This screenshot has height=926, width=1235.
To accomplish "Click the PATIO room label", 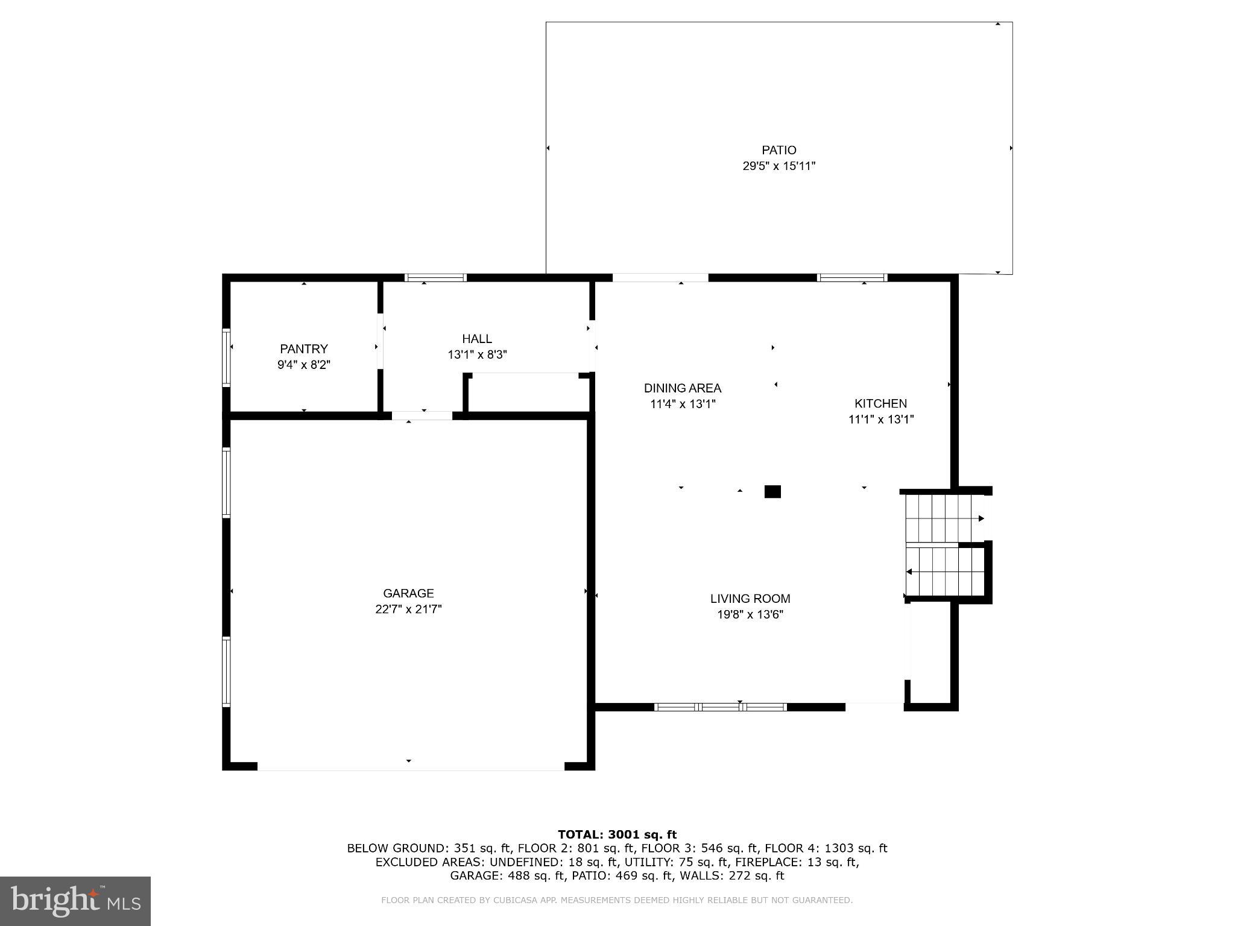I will pyautogui.click(x=779, y=150).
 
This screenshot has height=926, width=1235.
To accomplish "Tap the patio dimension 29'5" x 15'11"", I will pyautogui.click(x=779, y=166).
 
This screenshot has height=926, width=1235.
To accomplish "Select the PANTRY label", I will pyautogui.click(x=304, y=348).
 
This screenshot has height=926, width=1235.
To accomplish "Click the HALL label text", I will pyautogui.click(x=477, y=339).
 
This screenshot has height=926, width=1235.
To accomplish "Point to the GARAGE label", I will pyautogui.click(x=408, y=593).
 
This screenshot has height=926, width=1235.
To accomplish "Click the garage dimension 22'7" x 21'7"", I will pyautogui.click(x=408, y=609).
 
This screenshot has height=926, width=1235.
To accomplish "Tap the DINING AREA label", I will pyautogui.click(x=682, y=388).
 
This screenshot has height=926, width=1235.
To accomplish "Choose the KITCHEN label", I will pyautogui.click(x=880, y=403).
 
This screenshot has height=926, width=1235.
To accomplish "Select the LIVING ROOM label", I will pyautogui.click(x=750, y=599).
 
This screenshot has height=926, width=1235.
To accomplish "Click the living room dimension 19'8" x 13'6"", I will pyautogui.click(x=750, y=615).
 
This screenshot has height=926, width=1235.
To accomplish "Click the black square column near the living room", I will pyautogui.click(x=772, y=491).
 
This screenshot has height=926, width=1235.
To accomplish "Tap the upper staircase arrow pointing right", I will pyautogui.click(x=981, y=518).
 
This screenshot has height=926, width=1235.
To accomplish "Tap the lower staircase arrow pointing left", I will pyautogui.click(x=909, y=572).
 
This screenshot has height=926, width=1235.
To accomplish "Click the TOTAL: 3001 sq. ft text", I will pyautogui.click(x=617, y=834).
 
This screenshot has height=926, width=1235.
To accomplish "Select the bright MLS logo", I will pyautogui.click(x=75, y=901).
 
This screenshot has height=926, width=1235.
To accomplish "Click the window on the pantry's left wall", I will pyautogui.click(x=226, y=357).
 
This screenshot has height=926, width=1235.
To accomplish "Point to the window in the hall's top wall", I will pyautogui.click(x=435, y=278).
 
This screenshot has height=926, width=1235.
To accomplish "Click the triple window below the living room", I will pyautogui.click(x=720, y=707).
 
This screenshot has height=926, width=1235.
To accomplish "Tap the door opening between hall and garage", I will pyautogui.click(x=422, y=415).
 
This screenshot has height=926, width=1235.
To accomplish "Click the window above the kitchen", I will pyautogui.click(x=851, y=278).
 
